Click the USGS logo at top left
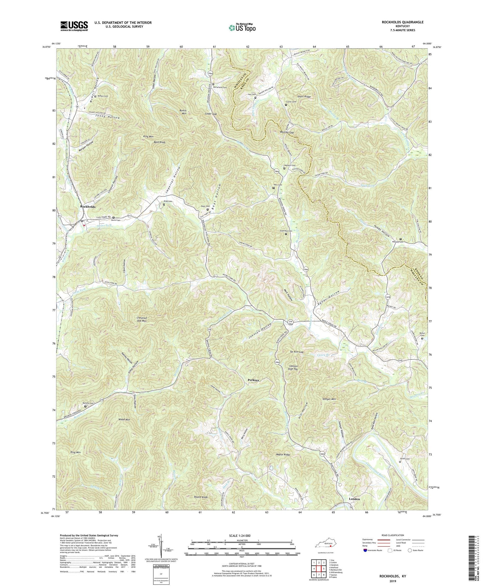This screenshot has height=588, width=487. pos(74,26)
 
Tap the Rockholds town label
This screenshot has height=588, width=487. pos(88,206)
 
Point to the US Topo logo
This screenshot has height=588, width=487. pos(242,27)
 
